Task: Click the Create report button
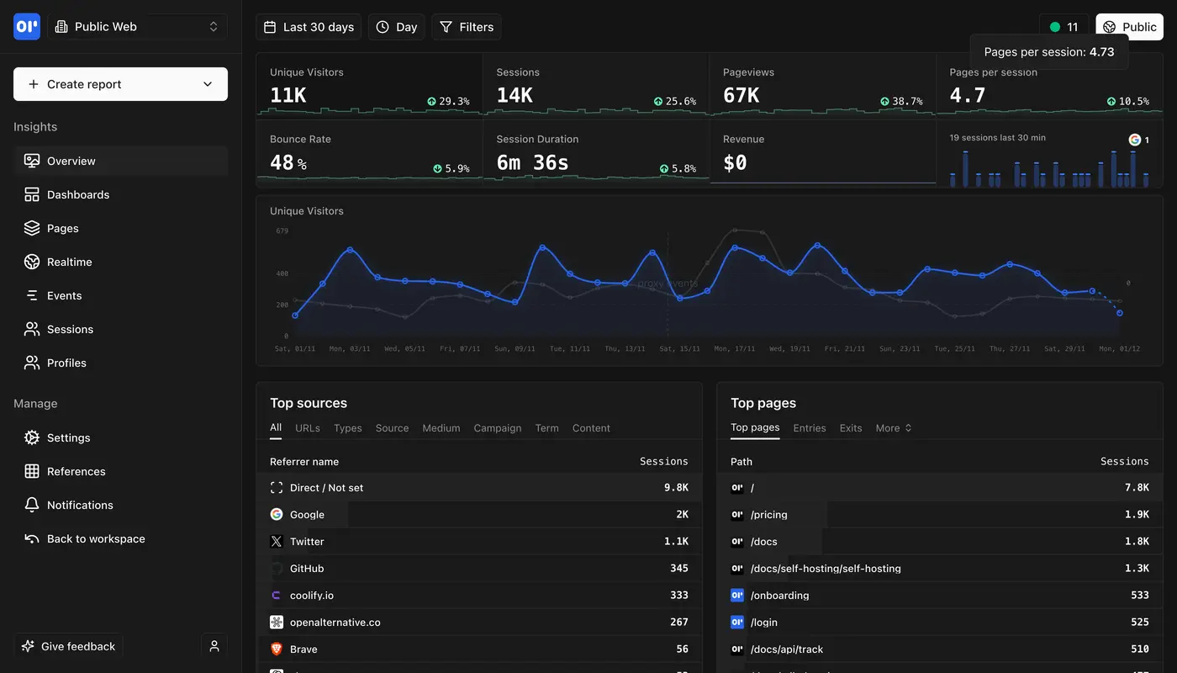click(120, 84)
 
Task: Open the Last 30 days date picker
click(309, 27)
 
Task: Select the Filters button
click(467, 27)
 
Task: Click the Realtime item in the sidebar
click(69, 262)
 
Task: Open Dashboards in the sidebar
click(77, 194)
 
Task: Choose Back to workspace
click(95, 538)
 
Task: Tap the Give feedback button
click(68, 646)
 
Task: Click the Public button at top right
click(1129, 27)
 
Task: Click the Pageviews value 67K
click(741, 96)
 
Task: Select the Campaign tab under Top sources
click(497, 428)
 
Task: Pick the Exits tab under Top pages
click(850, 428)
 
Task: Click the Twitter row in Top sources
click(307, 542)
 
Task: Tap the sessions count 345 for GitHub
click(678, 569)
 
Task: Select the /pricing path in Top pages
click(768, 515)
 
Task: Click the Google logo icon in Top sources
click(277, 515)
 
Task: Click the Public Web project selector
click(137, 27)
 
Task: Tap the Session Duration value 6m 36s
click(532, 162)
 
